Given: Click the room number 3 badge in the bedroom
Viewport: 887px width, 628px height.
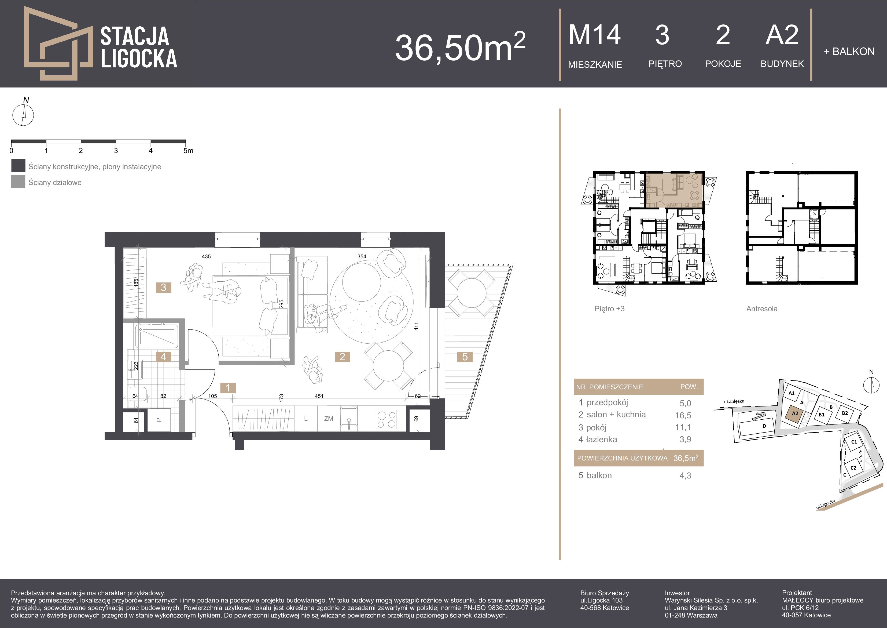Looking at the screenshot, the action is pos(163,287).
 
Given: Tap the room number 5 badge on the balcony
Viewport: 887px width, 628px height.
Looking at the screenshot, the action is pos(465,357).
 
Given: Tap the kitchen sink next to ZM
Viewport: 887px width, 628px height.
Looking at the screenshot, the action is pos(349,418).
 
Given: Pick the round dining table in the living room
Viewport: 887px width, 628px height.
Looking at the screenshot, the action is pos(388,366).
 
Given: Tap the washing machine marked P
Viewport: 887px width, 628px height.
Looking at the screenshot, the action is pos(159,420).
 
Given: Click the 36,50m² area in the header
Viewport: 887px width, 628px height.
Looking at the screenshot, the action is pos(460,47).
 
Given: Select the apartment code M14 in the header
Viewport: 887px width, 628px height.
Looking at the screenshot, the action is pos(595,35).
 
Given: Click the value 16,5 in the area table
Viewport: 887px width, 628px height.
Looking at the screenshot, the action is pos(683,415).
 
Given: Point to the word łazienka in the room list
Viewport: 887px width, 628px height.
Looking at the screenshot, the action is pos(602,439).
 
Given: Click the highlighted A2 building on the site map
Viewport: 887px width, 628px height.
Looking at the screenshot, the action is pos(795,413).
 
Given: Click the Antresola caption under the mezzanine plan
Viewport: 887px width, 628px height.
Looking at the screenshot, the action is pos(762,308).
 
